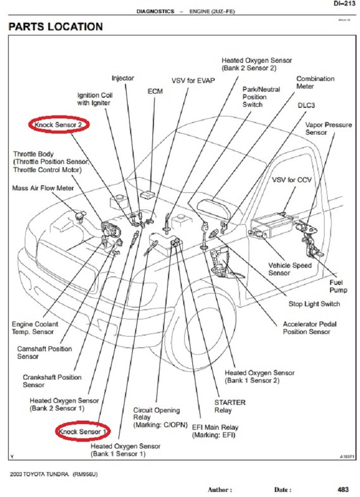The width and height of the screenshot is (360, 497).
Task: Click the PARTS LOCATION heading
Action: [x=56, y=26]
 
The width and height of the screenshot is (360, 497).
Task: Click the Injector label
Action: [x=123, y=78]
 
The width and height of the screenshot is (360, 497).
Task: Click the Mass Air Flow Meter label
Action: [x=43, y=188]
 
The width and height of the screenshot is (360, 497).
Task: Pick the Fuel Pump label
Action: [x=338, y=286]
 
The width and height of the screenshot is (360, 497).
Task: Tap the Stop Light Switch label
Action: [x=314, y=304]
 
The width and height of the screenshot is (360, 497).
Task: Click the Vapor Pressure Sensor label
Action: [x=328, y=129]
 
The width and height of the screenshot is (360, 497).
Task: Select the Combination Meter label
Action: [x=315, y=82]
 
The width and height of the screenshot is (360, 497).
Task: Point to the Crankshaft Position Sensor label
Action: [x=52, y=381]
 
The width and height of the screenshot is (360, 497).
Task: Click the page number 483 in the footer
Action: [x=342, y=489]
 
